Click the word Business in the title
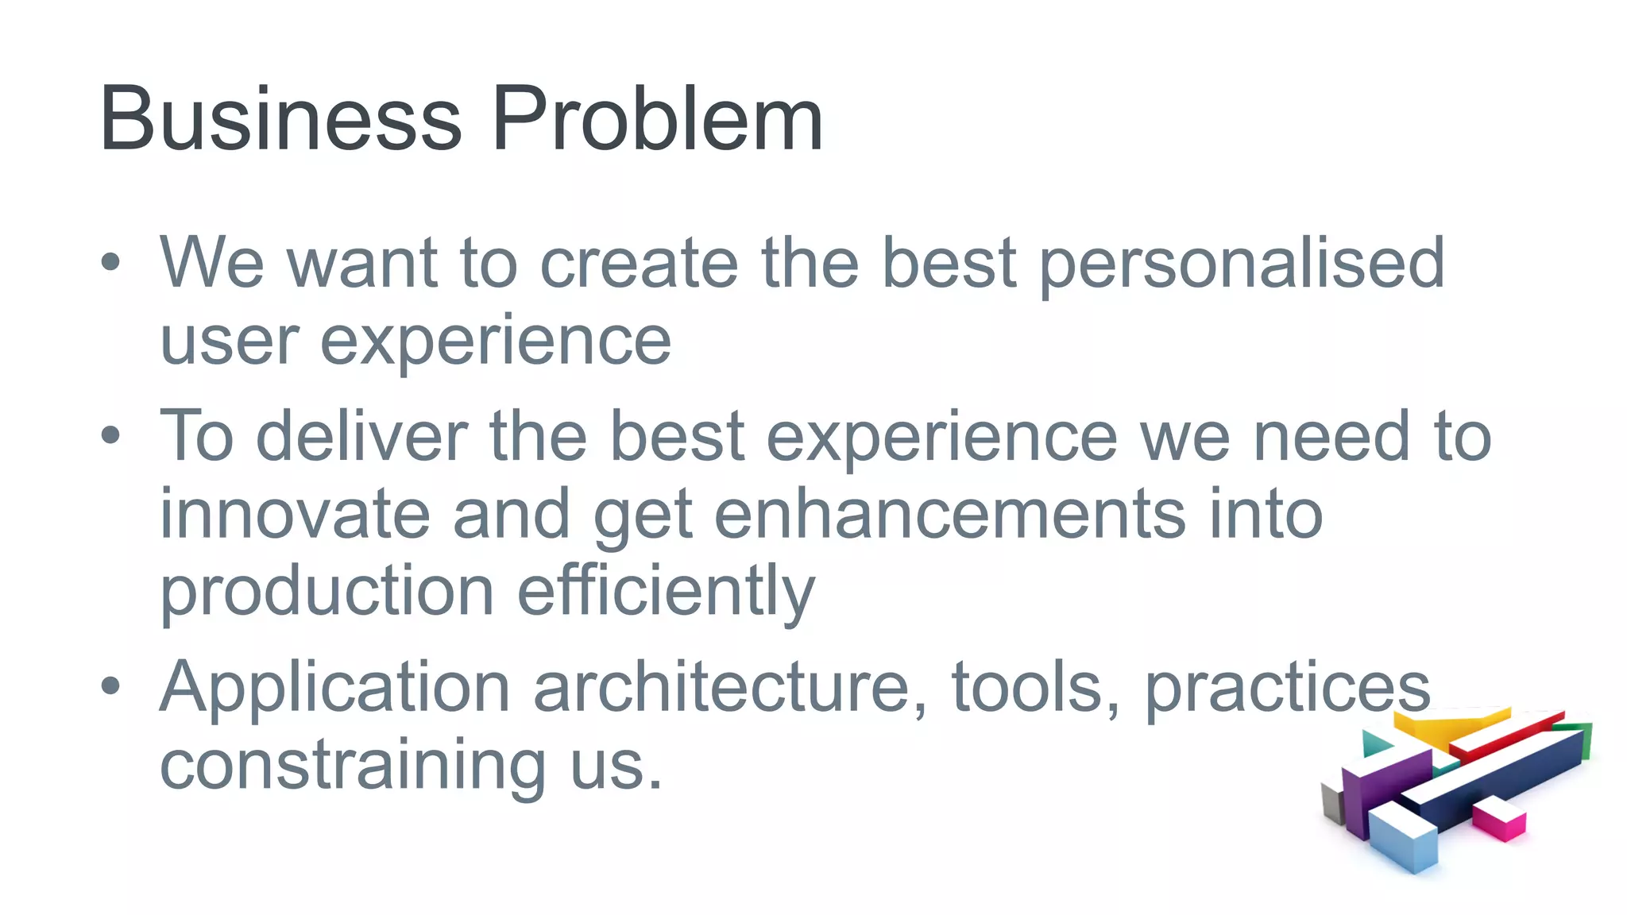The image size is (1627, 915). tap(280, 119)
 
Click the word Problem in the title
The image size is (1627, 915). tap(657, 119)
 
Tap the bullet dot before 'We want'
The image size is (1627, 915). tap(110, 262)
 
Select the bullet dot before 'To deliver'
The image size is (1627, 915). tap(110, 434)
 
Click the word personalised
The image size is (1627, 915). tap(1242, 264)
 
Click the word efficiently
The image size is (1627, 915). tap(666, 591)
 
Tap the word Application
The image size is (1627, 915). tap(334, 688)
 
